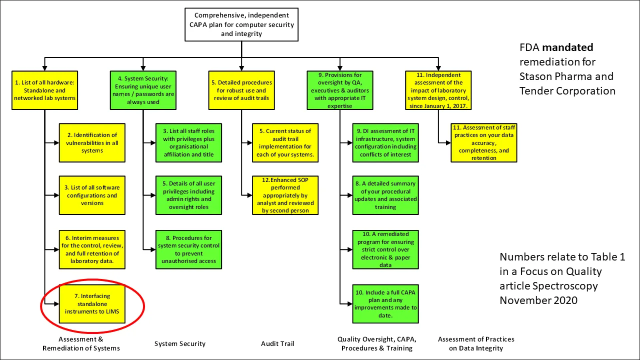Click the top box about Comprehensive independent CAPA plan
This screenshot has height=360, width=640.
point(241,24)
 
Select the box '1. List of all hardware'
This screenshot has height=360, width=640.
point(44,90)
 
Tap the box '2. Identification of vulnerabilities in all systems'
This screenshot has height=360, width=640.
point(92,142)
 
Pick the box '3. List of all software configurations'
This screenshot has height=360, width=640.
point(92,195)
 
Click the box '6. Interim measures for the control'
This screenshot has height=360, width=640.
point(92,249)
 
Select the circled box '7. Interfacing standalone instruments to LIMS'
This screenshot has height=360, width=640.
point(92,303)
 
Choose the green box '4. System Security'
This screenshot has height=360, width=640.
point(143,90)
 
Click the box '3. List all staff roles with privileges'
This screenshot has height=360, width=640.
point(188,142)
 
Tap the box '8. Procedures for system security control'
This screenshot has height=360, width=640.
point(188,249)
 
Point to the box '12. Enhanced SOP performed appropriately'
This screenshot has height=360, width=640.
point(285,195)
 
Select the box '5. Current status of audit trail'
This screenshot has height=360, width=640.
point(285,142)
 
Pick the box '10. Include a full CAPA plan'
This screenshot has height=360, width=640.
point(385,303)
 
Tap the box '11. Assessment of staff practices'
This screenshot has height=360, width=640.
point(483,142)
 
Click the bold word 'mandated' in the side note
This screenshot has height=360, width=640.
point(567,48)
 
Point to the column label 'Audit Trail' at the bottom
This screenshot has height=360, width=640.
point(277,343)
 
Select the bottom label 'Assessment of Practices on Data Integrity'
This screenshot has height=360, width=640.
point(476,343)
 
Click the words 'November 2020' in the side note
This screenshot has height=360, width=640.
point(538,300)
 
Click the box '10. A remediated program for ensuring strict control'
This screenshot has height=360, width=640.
point(385,249)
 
